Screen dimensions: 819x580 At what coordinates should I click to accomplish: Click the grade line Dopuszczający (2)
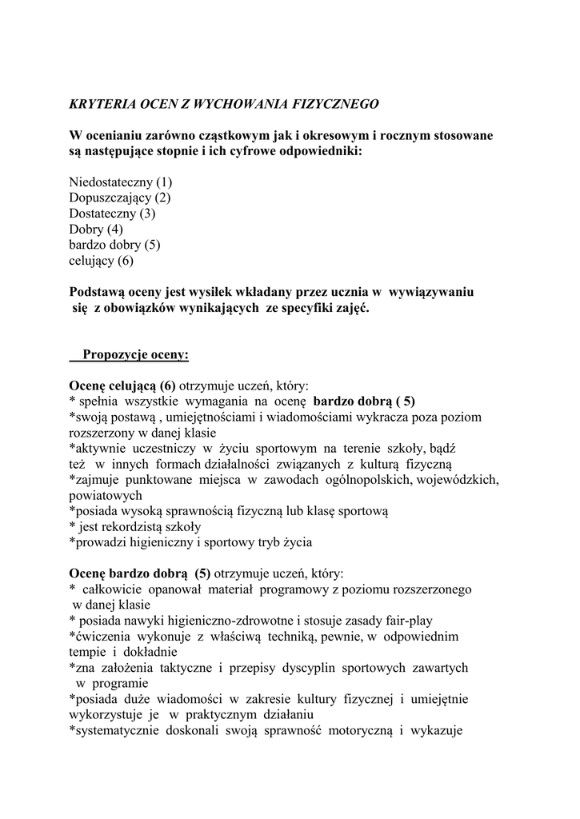120,198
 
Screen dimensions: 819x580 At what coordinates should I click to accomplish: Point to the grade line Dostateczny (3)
112,214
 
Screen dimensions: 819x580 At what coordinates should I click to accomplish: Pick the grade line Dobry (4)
95,230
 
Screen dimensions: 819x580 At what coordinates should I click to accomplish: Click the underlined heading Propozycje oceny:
135,354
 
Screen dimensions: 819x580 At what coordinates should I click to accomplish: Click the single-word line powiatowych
102,495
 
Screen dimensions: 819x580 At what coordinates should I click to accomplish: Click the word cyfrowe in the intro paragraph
295,150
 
